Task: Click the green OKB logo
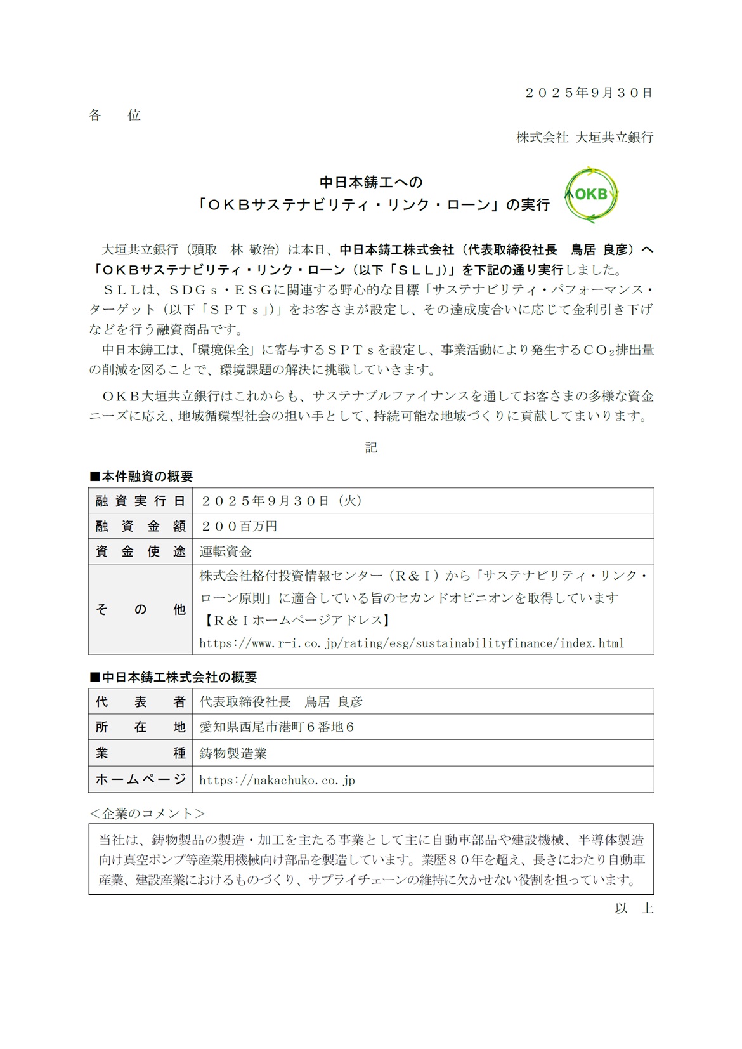590,195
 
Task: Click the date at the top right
589,93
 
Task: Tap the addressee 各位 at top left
115,115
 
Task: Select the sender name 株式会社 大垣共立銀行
584,137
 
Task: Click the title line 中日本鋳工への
371,183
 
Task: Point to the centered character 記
371,447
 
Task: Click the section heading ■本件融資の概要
141,476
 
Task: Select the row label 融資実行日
141,501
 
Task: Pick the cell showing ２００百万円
238,526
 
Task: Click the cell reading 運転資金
226,551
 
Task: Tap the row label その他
141,609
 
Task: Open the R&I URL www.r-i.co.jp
412,643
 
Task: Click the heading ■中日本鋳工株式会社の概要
173,677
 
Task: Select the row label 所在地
141,727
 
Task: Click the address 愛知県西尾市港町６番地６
277,727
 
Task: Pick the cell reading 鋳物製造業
233,753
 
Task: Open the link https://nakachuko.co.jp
277,780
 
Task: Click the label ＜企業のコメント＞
147,814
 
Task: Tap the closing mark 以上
634,908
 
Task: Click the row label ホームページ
141,779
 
